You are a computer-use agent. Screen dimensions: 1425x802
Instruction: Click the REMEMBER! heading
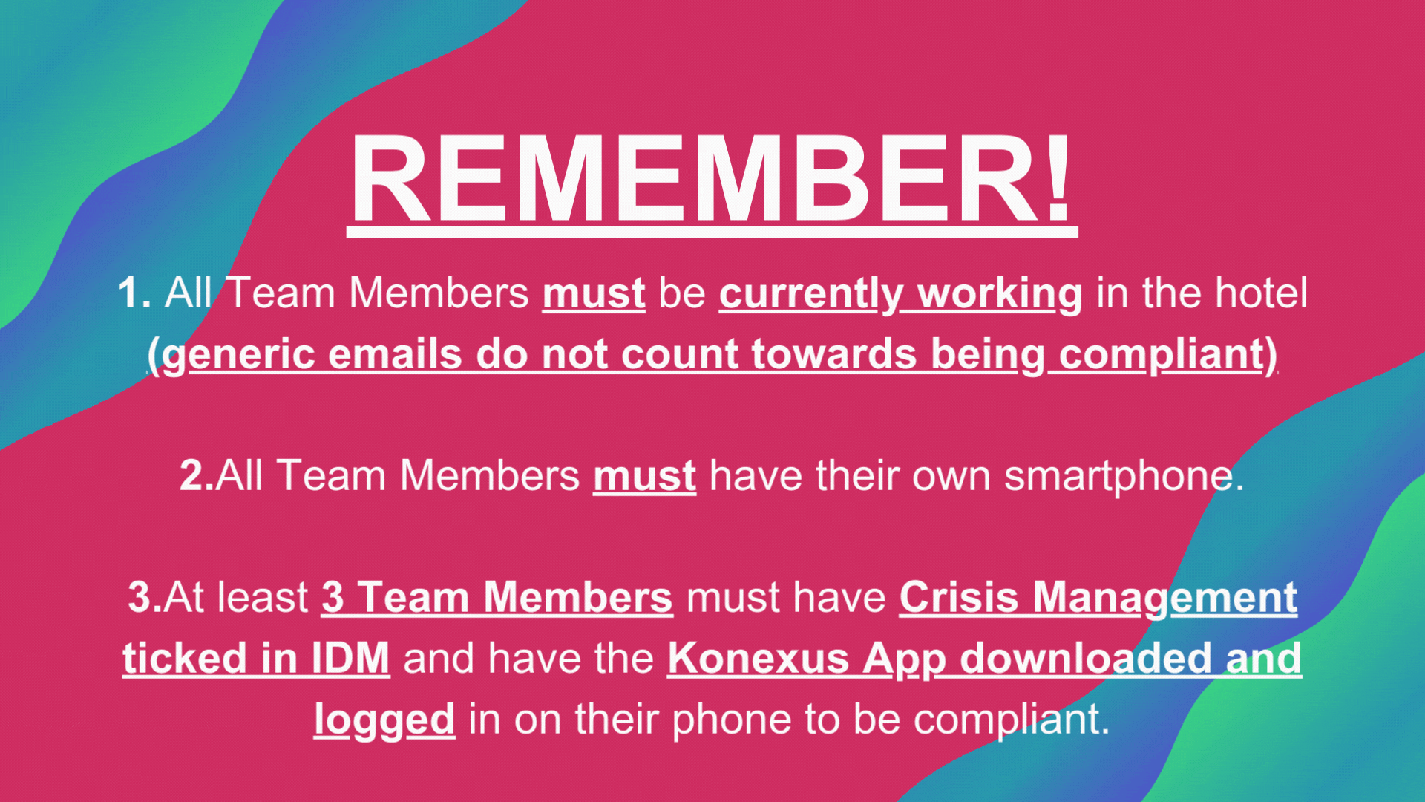(712, 180)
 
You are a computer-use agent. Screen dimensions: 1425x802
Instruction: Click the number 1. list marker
(134, 293)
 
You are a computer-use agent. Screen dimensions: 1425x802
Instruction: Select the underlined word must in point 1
(594, 294)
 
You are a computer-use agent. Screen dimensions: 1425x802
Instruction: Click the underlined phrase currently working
(900, 296)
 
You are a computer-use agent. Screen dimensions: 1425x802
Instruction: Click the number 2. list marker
(197, 475)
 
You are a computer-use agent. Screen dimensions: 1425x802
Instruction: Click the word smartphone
(1122, 477)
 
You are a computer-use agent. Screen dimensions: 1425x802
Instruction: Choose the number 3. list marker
(145, 597)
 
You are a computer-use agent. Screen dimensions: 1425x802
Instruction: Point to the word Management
(1165, 599)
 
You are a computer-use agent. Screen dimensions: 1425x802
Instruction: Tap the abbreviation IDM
(350, 658)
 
